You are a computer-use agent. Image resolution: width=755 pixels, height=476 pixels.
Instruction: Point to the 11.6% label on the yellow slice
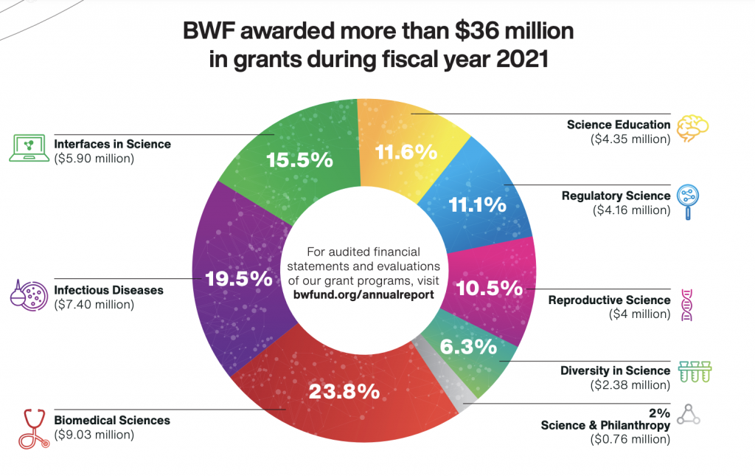click(x=406, y=152)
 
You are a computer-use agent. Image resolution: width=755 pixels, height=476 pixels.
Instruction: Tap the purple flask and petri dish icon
click(x=29, y=294)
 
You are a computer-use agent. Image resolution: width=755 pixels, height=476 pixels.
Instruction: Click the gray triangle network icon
click(x=688, y=415)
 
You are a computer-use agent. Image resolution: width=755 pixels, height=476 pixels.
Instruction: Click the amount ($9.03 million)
click(x=94, y=435)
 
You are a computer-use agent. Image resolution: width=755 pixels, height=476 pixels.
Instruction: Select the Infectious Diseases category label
click(x=108, y=290)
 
